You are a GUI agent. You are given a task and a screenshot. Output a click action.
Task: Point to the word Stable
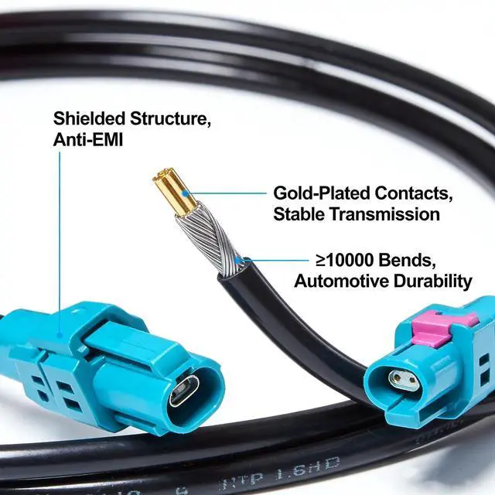click(299, 213)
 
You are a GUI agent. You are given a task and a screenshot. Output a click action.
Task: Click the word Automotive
click(342, 282)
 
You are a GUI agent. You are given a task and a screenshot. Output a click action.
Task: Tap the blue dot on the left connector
click(60, 336)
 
